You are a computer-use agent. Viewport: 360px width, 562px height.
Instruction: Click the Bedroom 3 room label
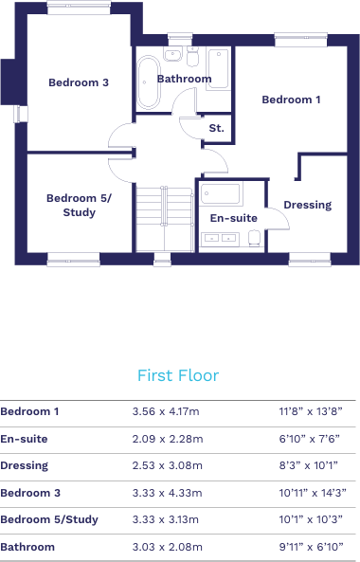79,82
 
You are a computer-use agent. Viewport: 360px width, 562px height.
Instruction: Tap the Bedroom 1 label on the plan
291,100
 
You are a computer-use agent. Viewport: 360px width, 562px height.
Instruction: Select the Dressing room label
308,205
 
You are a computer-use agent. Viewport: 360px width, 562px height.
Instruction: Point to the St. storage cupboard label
216,127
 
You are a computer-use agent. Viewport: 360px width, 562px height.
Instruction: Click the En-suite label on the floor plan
233,218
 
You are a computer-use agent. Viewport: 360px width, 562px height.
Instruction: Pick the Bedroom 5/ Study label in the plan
79,205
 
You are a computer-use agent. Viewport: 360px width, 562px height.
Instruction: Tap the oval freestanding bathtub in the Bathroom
148,82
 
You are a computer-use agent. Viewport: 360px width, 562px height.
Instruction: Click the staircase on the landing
166,218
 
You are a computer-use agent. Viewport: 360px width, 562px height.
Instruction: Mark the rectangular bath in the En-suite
223,195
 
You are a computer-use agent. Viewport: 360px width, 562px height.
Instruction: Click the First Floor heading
178,375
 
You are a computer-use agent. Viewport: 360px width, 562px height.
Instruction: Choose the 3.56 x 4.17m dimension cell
166,411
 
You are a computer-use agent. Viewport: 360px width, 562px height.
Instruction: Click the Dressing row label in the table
25,465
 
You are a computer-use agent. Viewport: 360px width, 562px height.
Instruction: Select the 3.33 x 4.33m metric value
166,493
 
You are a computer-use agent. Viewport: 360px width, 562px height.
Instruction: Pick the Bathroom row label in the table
27,547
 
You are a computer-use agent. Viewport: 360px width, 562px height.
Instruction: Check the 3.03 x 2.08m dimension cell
166,547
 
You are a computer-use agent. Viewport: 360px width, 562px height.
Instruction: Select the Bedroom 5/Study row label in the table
49,519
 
